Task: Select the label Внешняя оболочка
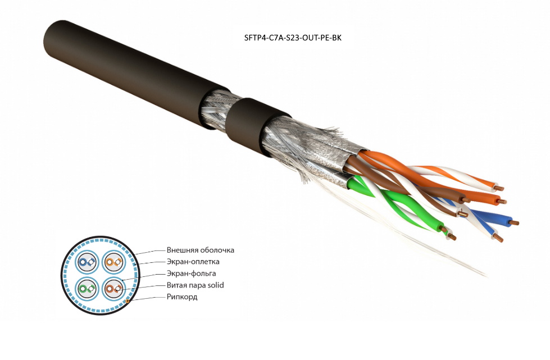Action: coord(200,250)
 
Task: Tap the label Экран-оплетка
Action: coord(193,262)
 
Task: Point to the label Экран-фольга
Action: coord(191,274)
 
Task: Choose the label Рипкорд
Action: coord(182,297)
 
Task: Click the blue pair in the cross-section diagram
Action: coord(87,262)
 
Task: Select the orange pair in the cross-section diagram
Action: coord(113,262)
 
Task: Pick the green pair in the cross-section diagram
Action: coord(87,289)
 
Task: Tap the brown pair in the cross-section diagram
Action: coord(113,289)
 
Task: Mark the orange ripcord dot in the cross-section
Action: coord(128,302)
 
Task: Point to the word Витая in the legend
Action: coord(177,285)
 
